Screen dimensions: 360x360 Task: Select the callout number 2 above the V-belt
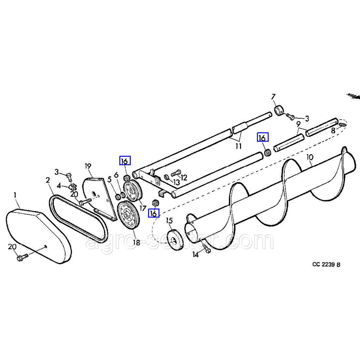[x=48, y=180]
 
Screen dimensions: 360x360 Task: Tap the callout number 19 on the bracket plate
[x=88, y=166]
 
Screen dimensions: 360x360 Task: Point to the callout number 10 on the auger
[x=310, y=157]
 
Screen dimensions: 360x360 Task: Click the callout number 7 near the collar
[x=273, y=97]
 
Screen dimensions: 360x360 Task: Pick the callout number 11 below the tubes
[x=238, y=146]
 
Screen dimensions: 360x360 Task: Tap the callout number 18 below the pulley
[x=136, y=243]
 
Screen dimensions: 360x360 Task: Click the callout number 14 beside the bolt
[x=195, y=255]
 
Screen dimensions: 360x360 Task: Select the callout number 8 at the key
[x=333, y=130]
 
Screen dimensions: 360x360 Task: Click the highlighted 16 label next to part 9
[x=263, y=137]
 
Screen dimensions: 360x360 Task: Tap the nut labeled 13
[x=166, y=176]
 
